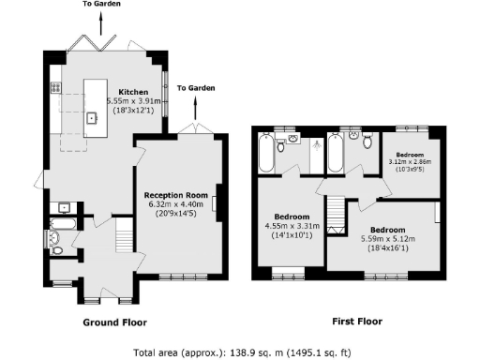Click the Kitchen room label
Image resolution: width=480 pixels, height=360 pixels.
coord(120,91)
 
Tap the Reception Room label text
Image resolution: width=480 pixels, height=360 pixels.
coord(181,195)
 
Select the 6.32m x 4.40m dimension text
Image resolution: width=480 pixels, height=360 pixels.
coord(181,204)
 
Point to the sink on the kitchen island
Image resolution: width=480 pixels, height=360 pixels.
coord(92,118)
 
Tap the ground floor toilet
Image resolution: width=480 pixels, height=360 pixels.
coord(55,245)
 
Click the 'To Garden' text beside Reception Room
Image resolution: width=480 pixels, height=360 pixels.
coord(195,87)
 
